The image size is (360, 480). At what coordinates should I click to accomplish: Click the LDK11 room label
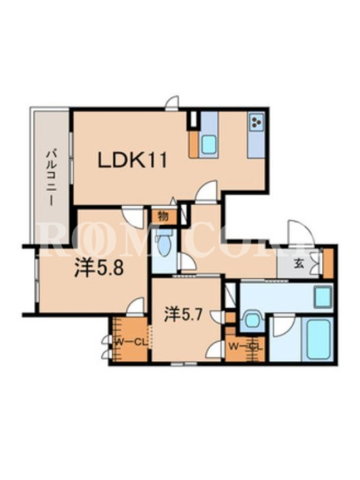(x=132, y=160)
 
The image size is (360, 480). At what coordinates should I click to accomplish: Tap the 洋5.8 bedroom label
(x=99, y=269)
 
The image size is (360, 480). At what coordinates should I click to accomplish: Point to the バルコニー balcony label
(x=50, y=177)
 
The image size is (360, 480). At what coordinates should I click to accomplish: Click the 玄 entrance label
(x=298, y=264)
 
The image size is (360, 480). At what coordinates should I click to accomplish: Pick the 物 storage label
(x=163, y=217)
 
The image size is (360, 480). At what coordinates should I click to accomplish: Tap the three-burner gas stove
(x=256, y=122)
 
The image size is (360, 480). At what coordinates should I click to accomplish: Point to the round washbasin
(x=252, y=320)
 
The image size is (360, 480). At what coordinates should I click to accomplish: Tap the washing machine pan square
(x=323, y=297)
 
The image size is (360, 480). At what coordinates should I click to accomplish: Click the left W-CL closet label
(x=130, y=343)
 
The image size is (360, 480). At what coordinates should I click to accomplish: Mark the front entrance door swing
(x=299, y=232)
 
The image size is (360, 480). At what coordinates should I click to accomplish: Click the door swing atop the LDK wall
(x=172, y=103)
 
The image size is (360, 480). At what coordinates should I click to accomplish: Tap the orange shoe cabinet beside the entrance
(x=328, y=263)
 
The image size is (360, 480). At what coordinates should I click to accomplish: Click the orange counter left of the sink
(x=194, y=145)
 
